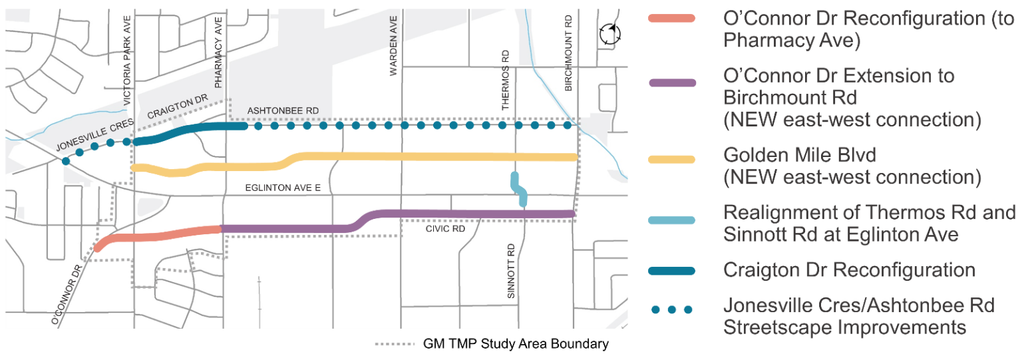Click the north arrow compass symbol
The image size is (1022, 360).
609,34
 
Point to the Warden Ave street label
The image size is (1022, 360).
394,46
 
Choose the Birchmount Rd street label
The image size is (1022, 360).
568,53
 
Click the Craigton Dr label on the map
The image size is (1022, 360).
178,107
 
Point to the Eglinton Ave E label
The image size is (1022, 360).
283,189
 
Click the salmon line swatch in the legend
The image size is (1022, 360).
671,19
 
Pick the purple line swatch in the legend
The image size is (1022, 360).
671,83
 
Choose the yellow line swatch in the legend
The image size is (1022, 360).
671,160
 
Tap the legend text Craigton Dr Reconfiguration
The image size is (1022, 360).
849,270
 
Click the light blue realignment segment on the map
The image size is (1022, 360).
518,189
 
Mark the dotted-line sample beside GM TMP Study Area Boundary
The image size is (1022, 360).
395,345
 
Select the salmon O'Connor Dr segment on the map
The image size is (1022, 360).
160,235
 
